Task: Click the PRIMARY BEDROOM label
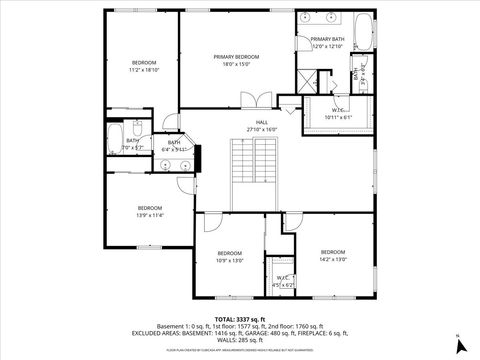coord(236,57)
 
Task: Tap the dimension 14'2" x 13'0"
coord(333,259)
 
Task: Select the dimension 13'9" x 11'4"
coord(150,215)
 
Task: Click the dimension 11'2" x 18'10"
coord(145,70)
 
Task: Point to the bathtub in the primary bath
coord(362,32)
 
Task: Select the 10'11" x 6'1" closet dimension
coord(339,117)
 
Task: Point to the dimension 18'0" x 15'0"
coord(236,64)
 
